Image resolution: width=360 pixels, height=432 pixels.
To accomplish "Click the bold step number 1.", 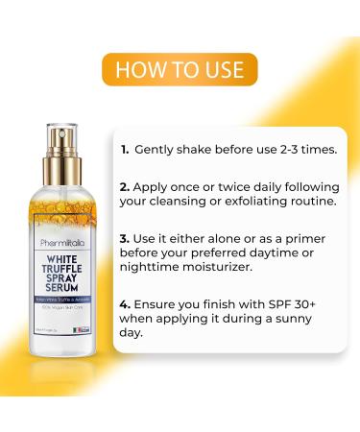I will pos(126,151).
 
